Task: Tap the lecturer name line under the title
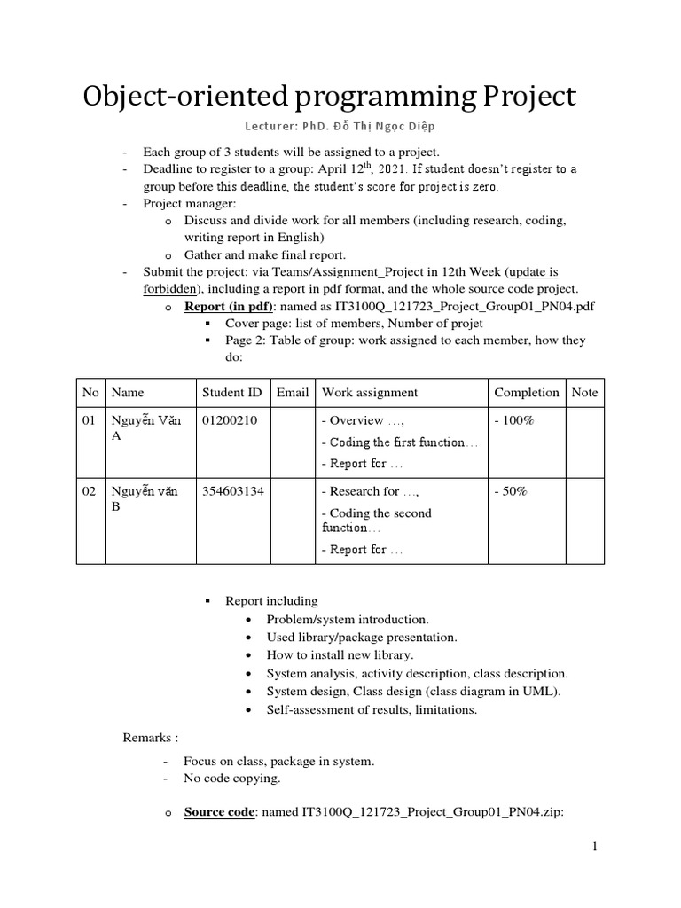click(x=340, y=127)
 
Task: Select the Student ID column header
click(x=231, y=392)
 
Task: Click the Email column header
click(x=293, y=392)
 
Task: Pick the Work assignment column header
click(x=370, y=392)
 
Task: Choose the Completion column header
click(x=527, y=392)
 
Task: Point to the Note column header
click(x=584, y=392)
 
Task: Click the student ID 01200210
click(x=230, y=420)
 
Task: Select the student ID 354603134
click(x=233, y=491)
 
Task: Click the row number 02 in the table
click(x=89, y=491)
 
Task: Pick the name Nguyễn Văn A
click(x=145, y=428)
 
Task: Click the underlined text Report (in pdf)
click(x=228, y=306)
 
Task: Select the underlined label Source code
click(x=219, y=811)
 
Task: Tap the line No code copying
click(x=231, y=779)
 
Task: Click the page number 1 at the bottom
click(x=597, y=848)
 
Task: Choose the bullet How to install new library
click(x=340, y=654)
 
